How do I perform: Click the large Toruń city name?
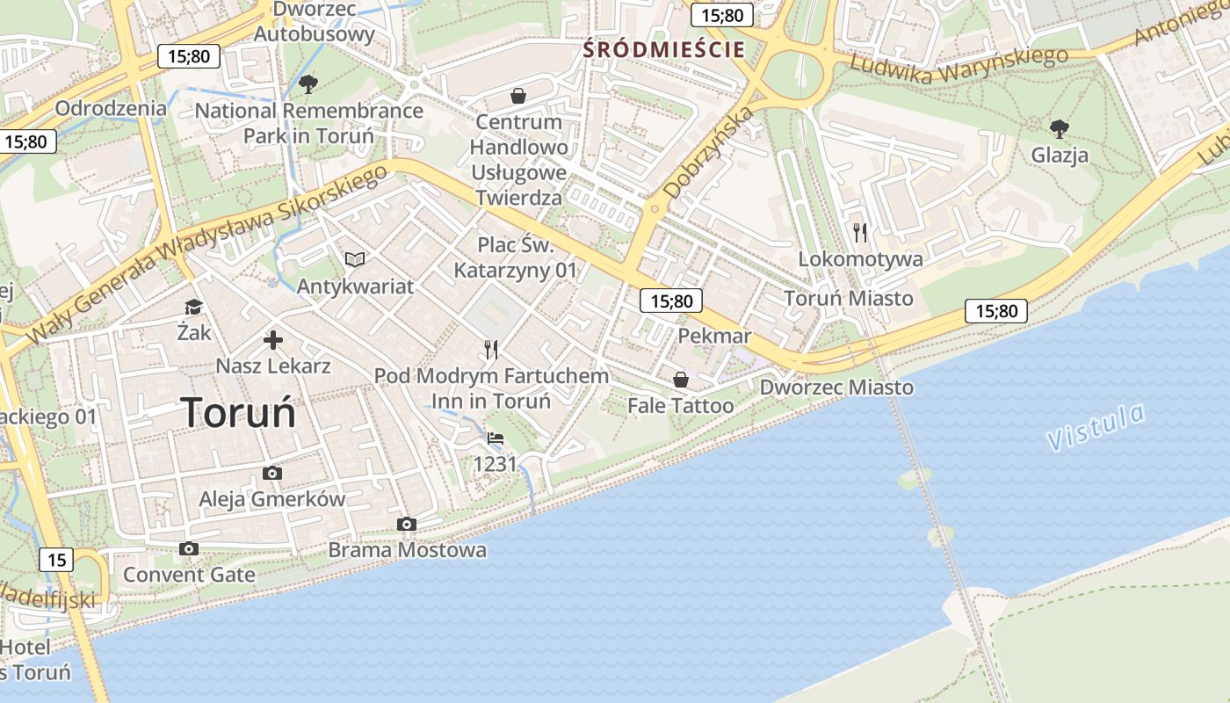pyautogui.click(x=239, y=413)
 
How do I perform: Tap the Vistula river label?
pyautogui.click(x=1096, y=427)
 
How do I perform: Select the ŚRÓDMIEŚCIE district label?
pyautogui.click(x=664, y=50)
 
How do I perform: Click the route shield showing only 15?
pyautogui.click(x=56, y=560)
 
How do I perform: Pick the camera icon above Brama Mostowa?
pyautogui.click(x=406, y=525)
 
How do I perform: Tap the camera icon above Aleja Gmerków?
pyautogui.click(x=272, y=474)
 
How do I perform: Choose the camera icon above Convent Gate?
pyautogui.click(x=188, y=549)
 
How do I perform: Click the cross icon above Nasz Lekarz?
pyautogui.click(x=273, y=340)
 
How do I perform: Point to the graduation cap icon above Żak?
pyautogui.click(x=193, y=307)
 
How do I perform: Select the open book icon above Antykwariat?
pyautogui.click(x=355, y=259)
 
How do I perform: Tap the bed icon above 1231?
pyautogui.click(x=496, y=438)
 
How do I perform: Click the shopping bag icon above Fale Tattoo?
pyautogui.click(x=680, y=380)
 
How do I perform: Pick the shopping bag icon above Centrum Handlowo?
pyautogui.click(x=518, y=95)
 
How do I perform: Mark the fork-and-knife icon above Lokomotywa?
pyautogui.click(x=860, y=233)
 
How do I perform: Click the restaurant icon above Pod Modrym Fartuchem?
pyautogui.click(x=491, y=350)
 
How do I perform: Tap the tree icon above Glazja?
pyautogui.click(x=1060, y=129)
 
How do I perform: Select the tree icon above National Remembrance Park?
pyautogui.click(x=308, y=84)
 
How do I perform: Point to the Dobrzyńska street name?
pyautogui.click(x=709, y=152)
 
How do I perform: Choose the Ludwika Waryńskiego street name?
pyautogui.click(x=959, y=66)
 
